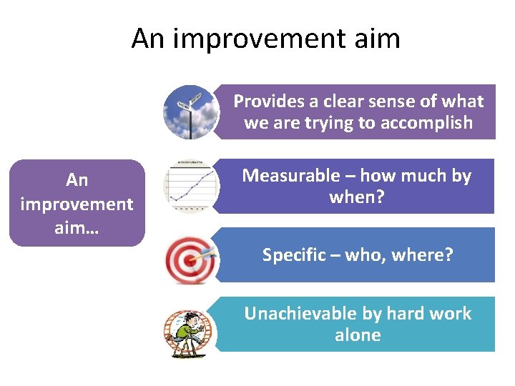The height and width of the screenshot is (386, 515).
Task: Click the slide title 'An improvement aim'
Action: [x=265, y=38]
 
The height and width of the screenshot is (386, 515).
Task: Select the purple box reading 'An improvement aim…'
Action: [x=77, y=203]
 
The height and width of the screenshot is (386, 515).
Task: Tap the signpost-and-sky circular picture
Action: [x=187, y=112]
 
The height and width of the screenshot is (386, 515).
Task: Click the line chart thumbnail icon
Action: [x=187, y=187]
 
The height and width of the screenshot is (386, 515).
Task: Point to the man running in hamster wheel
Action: [x=189, y=332]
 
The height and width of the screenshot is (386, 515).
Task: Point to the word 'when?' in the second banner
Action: [x=357, y=197]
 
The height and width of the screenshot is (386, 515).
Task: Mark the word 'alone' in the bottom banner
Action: [x=358, y=335]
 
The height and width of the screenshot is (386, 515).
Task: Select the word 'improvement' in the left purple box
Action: [x=77, y=204]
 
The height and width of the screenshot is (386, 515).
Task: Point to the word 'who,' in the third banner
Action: [x=368, y=255]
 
